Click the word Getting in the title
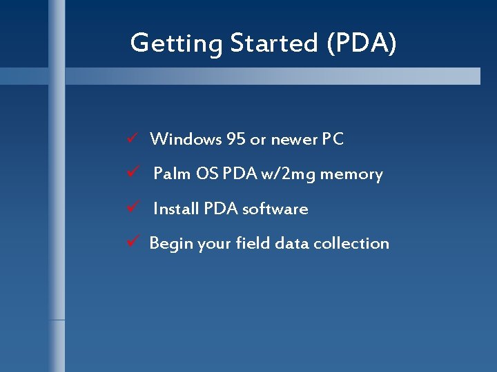point(176,44)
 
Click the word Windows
point(185,139)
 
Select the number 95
point(235,139)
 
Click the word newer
point(294,140)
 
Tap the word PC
point(333,139)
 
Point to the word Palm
point(172,174)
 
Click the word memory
point(351,174)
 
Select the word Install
point(176,208)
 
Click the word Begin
point(172,243)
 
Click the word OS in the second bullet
point(206,174)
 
